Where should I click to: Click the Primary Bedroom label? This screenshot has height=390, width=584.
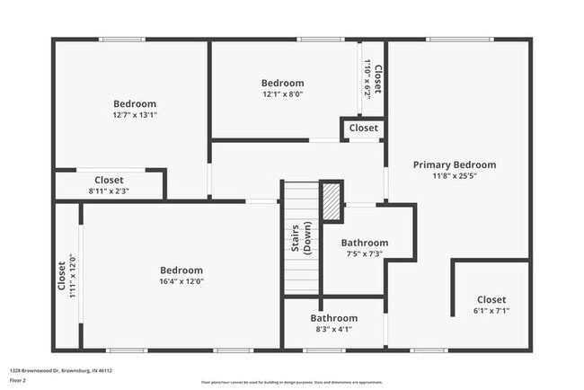454,164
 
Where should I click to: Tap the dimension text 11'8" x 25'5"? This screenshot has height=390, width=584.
454,176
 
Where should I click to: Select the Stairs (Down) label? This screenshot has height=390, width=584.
301,239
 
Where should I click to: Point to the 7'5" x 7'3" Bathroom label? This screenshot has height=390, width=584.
364,243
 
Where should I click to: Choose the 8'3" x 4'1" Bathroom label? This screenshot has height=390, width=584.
333,318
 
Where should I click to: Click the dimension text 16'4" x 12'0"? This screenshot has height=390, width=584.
181,281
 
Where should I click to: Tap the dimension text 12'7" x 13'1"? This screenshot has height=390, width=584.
135,115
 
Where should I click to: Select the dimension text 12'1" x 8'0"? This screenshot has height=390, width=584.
282,94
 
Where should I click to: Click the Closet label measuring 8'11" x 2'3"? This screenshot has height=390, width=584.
109,180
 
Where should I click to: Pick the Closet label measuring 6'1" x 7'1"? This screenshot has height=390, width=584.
491,299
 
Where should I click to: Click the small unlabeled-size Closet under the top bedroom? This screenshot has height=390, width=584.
363,129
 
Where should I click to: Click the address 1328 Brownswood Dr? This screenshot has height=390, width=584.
61,369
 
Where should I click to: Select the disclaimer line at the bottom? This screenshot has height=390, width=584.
291,381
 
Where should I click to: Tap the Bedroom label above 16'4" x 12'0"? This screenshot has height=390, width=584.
181,270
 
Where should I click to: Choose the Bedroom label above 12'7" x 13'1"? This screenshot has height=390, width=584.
135,103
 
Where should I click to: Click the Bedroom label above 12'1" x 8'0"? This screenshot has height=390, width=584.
282,83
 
